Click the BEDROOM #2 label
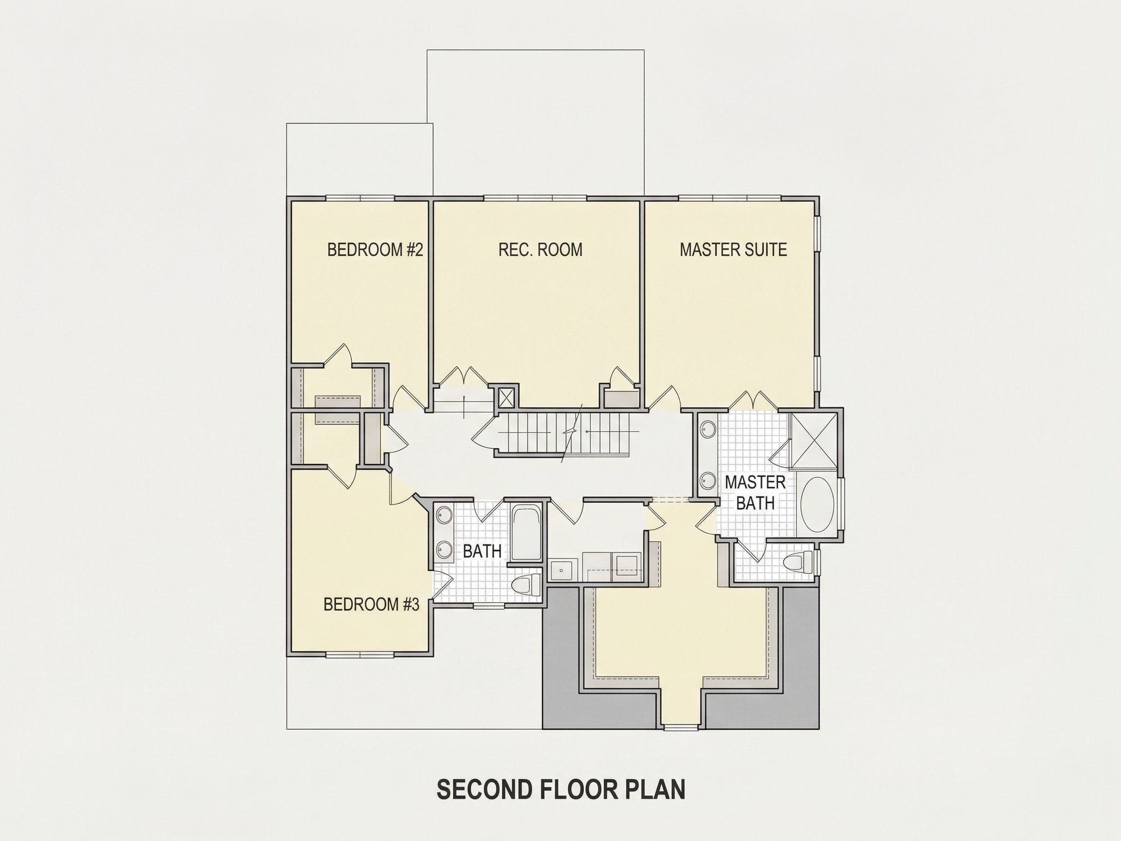(375, 250)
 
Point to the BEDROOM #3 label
(371, 604)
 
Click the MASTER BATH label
(755, 492)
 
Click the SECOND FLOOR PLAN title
(561, 790)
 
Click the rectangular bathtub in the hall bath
(526, 532)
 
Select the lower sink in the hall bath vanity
(444, 549)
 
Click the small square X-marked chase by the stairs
(506, 398)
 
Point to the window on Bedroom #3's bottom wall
(360, 655)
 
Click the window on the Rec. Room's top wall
(535, 198)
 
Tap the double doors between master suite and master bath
(753, 400)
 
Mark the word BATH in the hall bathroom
(482, 551)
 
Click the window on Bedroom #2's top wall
(361, 198)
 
